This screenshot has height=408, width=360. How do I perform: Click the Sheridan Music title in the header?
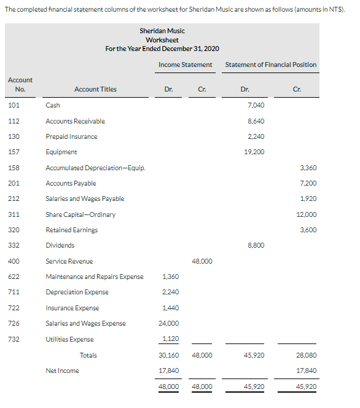pos(162,31)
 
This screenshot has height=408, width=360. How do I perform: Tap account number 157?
pos(14,152)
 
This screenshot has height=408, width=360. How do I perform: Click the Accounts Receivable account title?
pos(75,121)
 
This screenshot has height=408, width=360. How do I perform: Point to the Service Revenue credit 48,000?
pos(202,261)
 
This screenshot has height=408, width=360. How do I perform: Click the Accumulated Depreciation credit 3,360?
pos(308,167)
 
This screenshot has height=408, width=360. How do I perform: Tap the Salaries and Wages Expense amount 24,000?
pos(168,323)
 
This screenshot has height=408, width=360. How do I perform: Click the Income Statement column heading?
pos(185,65)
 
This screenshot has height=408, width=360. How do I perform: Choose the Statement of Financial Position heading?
pos(271,65)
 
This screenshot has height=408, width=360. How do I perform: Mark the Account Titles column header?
pos(95,90)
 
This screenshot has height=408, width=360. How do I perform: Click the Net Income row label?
pos(62,371)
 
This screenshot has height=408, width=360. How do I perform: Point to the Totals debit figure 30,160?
pos(168,355)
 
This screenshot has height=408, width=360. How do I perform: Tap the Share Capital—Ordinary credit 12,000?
pos(307,214)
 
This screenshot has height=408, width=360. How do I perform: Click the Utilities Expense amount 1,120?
pos(170,339)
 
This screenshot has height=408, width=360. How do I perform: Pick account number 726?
pos(14,323)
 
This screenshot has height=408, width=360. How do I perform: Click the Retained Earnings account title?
pos(71,230)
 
